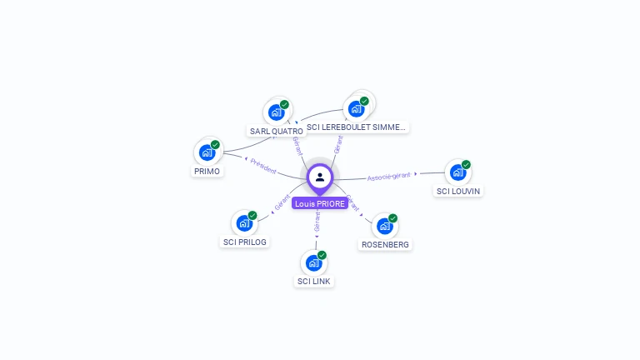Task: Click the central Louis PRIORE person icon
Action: (320, 177)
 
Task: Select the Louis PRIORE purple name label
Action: (320, 203)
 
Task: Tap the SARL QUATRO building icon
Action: (276, 112)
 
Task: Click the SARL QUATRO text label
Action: (276, 131)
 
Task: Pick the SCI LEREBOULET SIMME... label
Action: (356, 127)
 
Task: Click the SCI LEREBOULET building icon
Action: (357, 108)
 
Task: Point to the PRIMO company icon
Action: (207, 152)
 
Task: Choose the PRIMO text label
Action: (207, 171)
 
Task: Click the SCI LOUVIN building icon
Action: (457, 172)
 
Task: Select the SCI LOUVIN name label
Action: (458, 191)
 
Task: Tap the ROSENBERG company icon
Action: (384, 226)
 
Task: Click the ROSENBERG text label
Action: (385, 245)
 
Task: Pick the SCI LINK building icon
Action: (314, 262)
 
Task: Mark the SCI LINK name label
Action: (314, 282)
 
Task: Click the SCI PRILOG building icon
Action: (243, 222)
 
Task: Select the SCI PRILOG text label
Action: (244, 242)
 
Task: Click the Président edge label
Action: (262, 166)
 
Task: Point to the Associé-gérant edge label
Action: (389, 177)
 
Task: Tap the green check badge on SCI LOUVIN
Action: (466, 164)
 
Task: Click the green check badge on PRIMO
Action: (215, 145)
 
